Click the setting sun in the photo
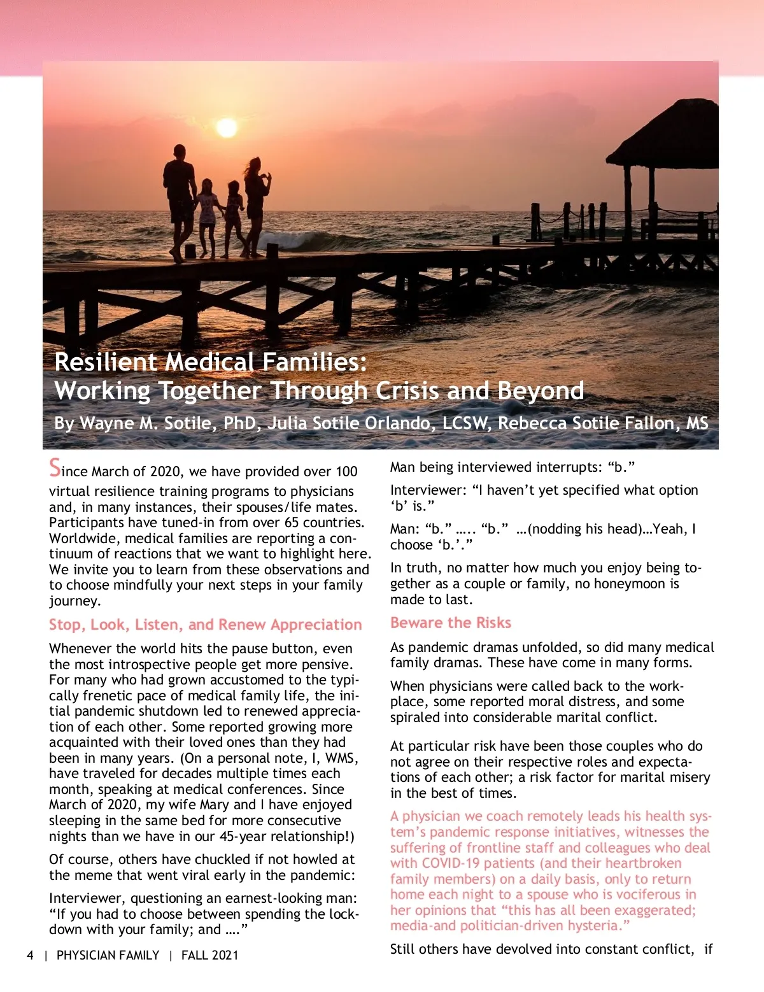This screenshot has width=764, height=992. [x=227, y=128]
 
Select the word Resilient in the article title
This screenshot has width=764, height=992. [x=106, y=362]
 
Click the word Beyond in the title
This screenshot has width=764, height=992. [x=541, y=391]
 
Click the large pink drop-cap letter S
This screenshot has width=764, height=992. [x=55, y=468]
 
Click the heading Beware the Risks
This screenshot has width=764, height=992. [x=451, y=623]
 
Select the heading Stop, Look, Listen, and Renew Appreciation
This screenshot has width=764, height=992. [x=205, y=625]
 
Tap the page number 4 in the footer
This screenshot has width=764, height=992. [x=30, y=955]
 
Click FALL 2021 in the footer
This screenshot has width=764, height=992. [x=209, y=955]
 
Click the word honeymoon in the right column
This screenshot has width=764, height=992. [x=626, y=584]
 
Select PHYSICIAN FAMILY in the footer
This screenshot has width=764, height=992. [x=108, y=955]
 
